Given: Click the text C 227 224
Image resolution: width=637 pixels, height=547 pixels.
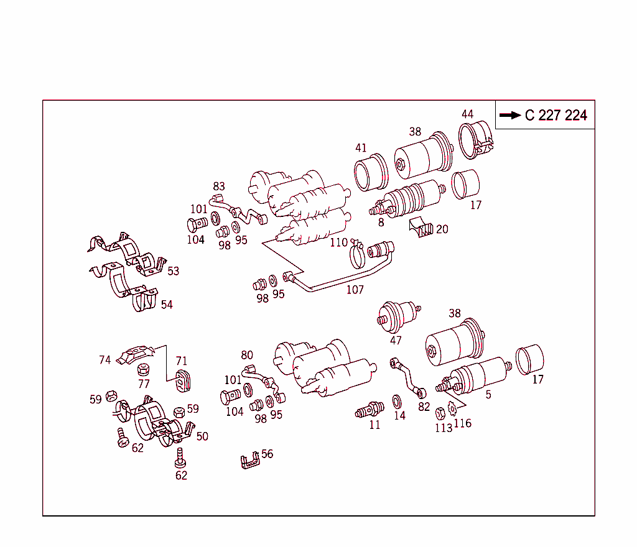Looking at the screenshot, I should (556, 115).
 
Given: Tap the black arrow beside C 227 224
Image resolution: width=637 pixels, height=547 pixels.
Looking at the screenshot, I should (510, 115).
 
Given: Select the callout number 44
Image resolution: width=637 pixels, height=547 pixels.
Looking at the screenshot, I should (468, 114).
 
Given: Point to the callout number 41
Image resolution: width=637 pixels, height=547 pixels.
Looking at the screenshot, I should (361, 148).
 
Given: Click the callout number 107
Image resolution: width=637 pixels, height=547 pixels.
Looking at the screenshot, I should (355, 290).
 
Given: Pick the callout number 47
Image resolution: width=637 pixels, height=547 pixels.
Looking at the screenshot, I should (396, 340).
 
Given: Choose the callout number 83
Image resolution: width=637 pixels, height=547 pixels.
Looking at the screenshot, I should (219, 186).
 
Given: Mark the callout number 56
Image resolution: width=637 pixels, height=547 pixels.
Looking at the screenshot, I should (267, 454).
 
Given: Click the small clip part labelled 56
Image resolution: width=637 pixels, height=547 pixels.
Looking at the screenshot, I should (249, 461).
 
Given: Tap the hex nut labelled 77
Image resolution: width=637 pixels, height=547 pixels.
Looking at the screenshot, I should (142, 369).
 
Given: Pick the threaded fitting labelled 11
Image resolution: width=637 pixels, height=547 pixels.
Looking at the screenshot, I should (370, 410).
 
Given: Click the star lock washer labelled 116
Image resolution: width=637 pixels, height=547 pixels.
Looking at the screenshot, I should (452, 409).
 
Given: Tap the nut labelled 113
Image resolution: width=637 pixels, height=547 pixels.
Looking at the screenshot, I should (439, 412).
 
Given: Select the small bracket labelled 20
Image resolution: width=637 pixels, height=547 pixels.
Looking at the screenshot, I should (421, 228).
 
